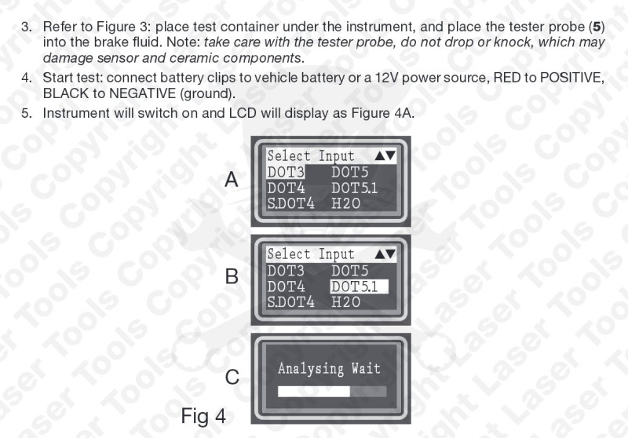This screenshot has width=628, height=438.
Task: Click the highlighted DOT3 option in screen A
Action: [x=286, y=172]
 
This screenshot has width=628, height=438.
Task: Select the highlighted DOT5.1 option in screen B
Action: [x=359, y=287]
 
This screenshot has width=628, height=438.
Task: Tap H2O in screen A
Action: [x=346, y=203]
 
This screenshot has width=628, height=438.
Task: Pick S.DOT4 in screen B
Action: [x=290, y=302]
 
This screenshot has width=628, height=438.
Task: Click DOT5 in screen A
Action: [x=349, y=172]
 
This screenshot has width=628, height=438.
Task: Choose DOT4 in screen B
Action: [x=286, y=287]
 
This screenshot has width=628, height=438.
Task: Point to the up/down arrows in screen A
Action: [x=385, y=155]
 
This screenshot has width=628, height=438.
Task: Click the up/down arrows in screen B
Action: [x=385, y=254]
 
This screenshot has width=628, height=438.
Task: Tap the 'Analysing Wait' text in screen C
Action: [x=329, y=368]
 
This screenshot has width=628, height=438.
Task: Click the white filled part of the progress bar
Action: [x=314, y=392]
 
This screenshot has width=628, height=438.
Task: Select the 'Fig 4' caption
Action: [x=203, y=415]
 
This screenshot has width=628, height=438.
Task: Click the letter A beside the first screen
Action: [x=232, y=180]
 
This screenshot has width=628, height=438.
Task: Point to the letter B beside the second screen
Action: [x=232, y=276]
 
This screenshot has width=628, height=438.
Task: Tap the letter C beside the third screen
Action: [x=232, y=377]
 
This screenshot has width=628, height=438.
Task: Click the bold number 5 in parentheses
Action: [x=597, y=27]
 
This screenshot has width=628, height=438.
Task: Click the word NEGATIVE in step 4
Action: [x=142, y=93]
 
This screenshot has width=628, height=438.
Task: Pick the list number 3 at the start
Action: [x=27, y=27]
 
